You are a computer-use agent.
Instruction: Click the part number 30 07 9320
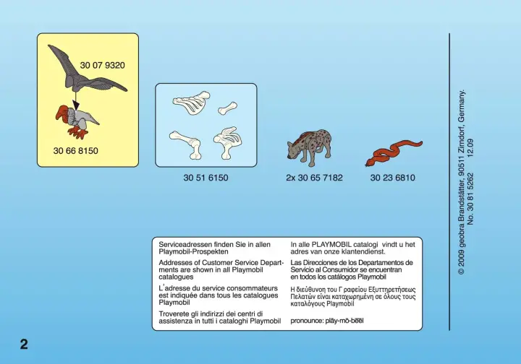coord(102,65)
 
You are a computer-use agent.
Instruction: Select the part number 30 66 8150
coord(76,151)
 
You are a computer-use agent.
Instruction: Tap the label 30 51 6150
coord(206,178)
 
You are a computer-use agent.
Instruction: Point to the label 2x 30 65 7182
coord(314,178)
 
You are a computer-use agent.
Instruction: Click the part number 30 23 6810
coord(393,178)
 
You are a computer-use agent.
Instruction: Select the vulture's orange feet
coord(77,133)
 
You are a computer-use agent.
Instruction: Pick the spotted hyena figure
coord(310,147)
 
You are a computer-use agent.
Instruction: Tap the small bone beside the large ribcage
coord(228,108)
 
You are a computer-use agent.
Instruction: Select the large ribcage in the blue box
coord(191,103)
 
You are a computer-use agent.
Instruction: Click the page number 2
coord(24,344)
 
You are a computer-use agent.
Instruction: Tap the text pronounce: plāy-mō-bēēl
coord(327,321)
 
